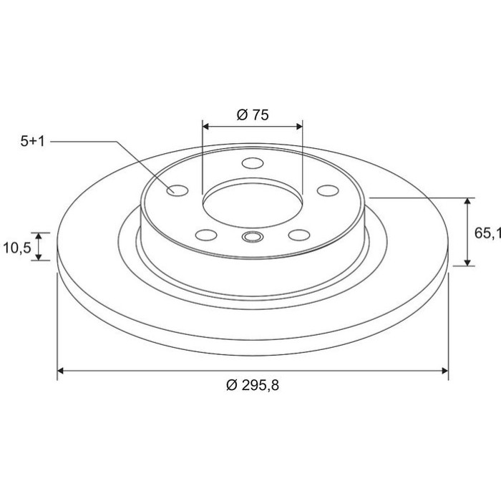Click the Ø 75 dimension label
tap(253, 115)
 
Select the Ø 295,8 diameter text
tap(253, 385)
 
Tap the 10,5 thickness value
tap(17, 248)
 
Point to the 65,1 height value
tap(487, 233)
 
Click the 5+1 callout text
tap(33, 141)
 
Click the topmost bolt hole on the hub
tap(253, 163)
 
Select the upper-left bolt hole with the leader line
tap(177, 191)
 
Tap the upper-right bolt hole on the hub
tap(328, 190)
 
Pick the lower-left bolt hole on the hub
tap(206, 235)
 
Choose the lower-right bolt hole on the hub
tap(299, 235)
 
